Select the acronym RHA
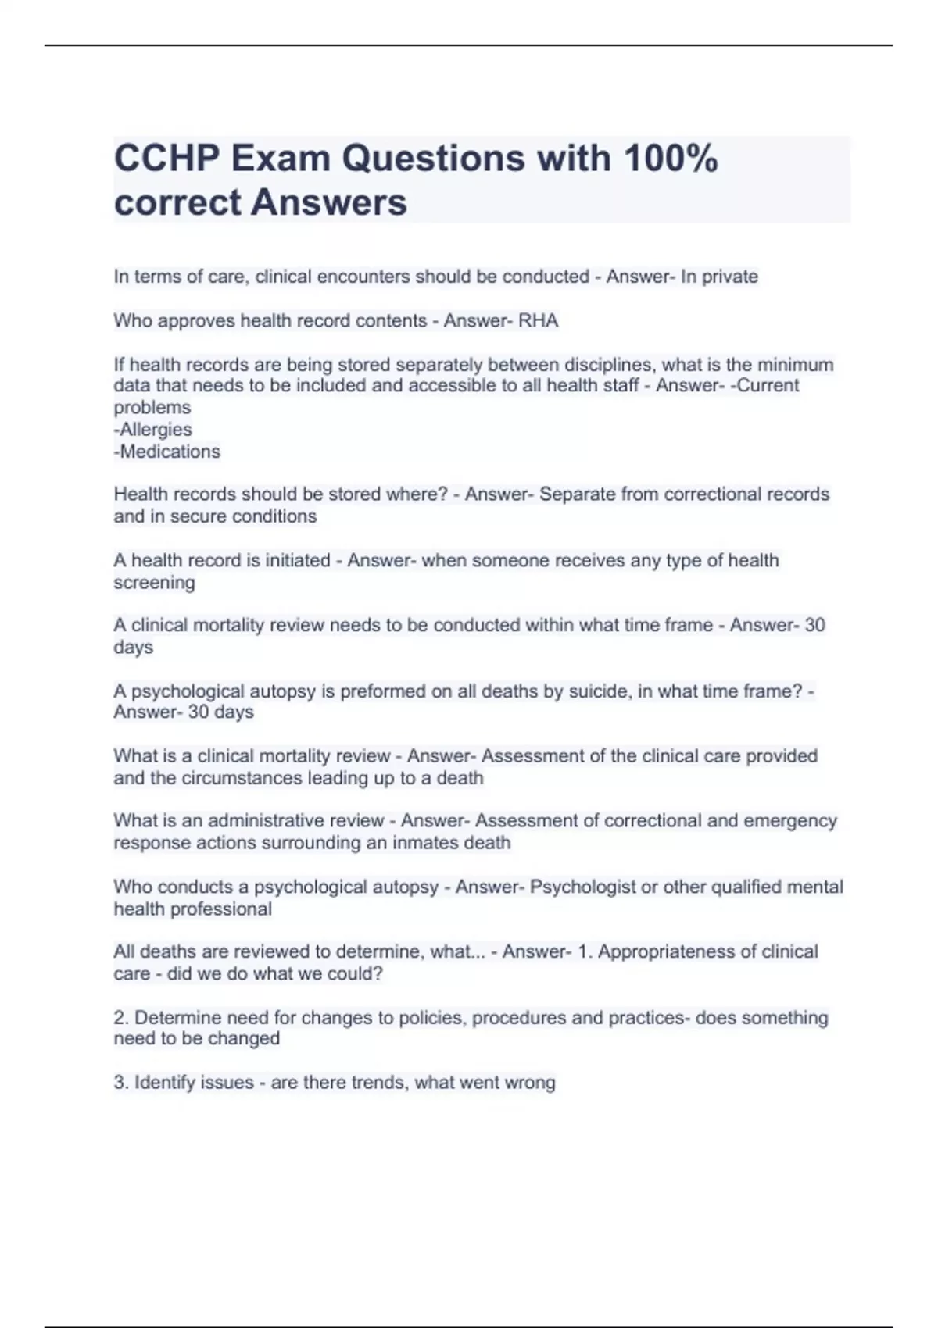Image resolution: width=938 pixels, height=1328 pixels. (x=539, y=321)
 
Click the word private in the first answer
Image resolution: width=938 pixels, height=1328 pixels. (x=730, y=277)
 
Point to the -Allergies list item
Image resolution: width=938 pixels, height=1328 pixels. (x=153, y=430)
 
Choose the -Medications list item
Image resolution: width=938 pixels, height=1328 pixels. (x=167, y=452)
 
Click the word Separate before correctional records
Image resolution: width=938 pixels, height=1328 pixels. (x=577, y=494)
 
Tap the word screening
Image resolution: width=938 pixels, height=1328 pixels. (x=154, y=583)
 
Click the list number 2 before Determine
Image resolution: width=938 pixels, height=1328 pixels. (x=120, y=1018)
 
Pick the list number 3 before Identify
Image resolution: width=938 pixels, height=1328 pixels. (x=120, y=1083)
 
